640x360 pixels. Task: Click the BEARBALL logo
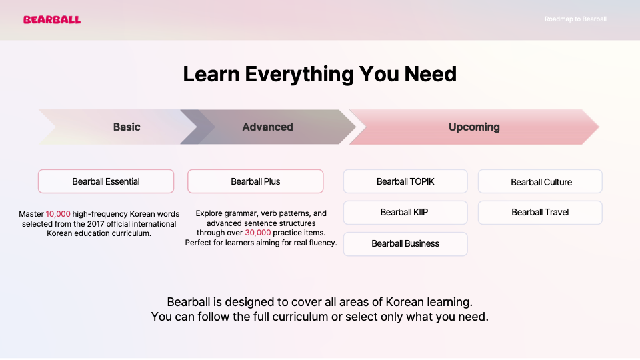point(52,19)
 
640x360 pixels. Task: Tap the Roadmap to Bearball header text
point(575,19)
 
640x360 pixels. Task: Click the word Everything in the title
point(299,75)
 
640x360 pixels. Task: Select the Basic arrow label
point(127,127)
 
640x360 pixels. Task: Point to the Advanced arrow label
point(268,127)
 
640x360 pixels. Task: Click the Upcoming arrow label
point(474,127)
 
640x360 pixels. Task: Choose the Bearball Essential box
point(106,181)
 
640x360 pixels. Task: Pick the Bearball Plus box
point(255,181)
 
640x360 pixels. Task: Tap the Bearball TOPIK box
point(405,181)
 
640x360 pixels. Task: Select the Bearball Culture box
point(541,181)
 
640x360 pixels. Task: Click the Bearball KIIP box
point(405,212)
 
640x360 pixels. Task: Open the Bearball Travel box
point(541,212)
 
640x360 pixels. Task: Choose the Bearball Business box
point(405,244)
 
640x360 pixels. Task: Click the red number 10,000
point(58,214)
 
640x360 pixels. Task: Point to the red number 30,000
point(257,233)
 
